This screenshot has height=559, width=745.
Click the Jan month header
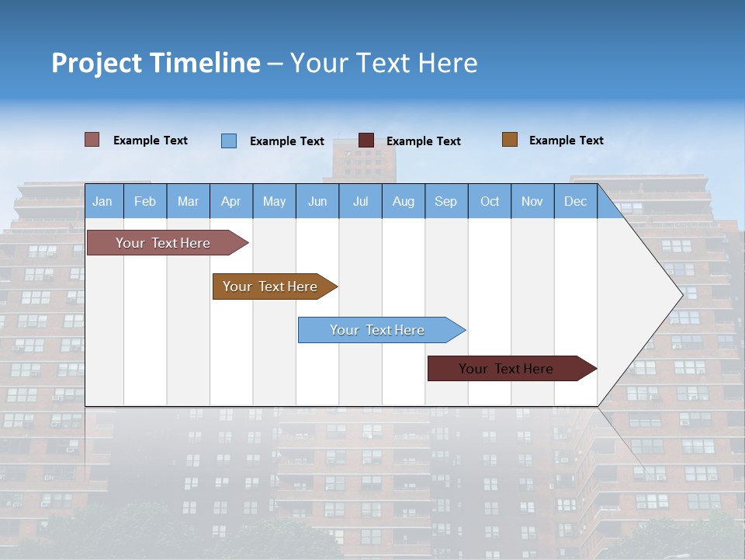103,201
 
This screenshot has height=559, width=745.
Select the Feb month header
145,201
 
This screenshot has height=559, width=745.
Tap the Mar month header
188,201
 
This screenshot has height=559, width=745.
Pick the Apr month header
231,201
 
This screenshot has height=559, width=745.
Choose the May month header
274,201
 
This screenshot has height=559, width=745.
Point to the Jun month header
317,201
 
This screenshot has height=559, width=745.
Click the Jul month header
360,201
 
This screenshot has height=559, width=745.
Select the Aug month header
404,201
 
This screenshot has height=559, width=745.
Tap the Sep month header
446,201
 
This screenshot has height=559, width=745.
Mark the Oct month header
490,201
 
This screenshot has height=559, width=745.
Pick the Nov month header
532,201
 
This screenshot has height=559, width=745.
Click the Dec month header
576,201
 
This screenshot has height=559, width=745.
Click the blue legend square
229,141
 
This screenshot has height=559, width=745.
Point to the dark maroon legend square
366,141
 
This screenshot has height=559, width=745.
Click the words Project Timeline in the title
156,63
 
